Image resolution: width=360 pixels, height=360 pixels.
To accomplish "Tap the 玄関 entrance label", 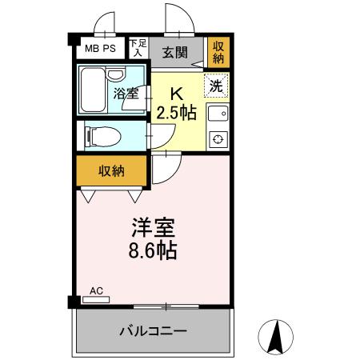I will point(174,53).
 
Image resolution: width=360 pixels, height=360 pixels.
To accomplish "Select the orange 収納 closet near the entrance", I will point(217,54).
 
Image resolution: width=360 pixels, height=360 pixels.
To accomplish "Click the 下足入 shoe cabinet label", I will point(138,47).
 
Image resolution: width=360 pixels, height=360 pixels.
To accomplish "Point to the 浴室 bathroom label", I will point(126,93).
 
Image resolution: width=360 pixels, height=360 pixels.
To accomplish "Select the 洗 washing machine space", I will point(216,85).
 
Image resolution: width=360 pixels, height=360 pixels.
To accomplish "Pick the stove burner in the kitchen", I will point(217,140).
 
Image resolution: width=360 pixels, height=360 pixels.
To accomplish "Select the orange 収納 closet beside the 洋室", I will point(112,170).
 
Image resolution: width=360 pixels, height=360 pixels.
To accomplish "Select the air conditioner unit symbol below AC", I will point(95,300).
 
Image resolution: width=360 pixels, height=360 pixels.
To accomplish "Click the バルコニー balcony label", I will point(153,330).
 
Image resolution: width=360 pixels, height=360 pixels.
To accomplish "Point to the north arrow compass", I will point(276,337).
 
